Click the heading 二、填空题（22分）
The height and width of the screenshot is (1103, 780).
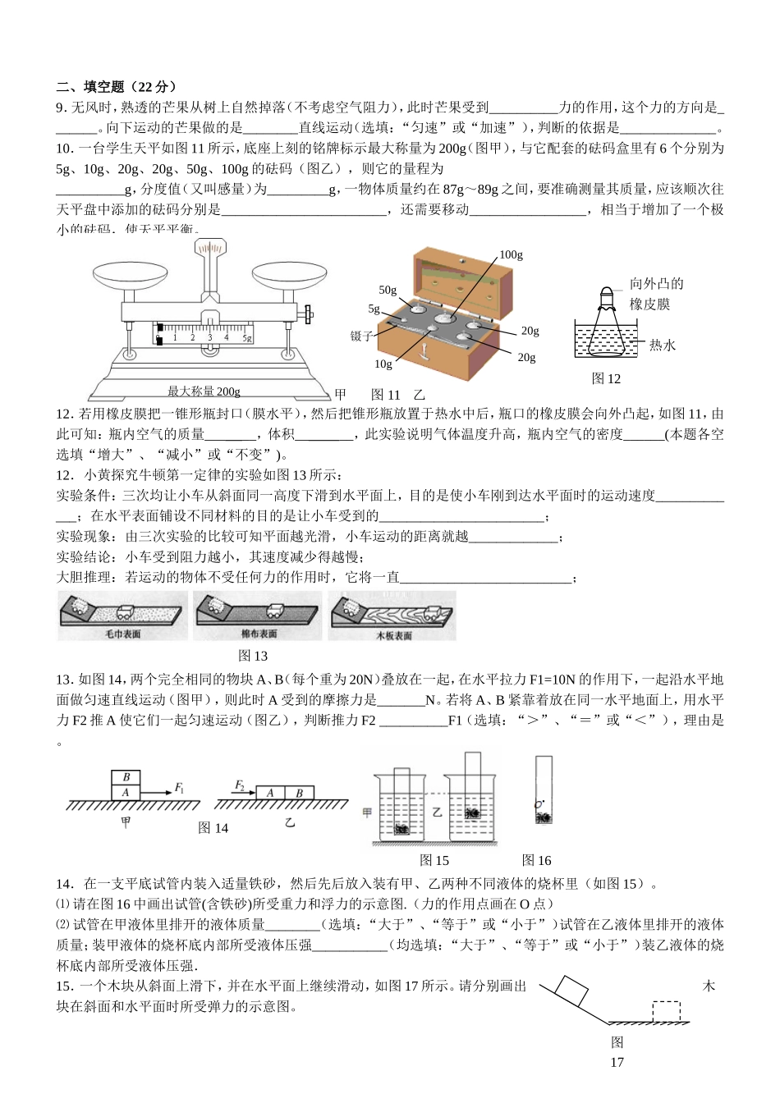[116, 87]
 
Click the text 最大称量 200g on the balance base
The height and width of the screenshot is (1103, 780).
[204, 391]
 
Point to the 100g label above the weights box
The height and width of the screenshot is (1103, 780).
[511, 254]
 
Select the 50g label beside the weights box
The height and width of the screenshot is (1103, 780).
[388, 290]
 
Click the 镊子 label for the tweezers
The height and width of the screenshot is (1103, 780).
[361, 336]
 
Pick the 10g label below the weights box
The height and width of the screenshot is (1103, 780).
[383, 364]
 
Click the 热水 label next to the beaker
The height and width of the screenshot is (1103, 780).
[662, 346]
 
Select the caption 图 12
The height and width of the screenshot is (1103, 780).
[606, 378]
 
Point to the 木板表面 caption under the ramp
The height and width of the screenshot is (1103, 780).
[393, 636]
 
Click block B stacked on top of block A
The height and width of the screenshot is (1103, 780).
[126, 777]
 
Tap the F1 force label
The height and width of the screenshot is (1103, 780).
[179, 788]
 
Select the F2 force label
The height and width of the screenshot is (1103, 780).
[240, 785]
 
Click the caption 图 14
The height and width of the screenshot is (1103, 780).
[213, 828]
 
